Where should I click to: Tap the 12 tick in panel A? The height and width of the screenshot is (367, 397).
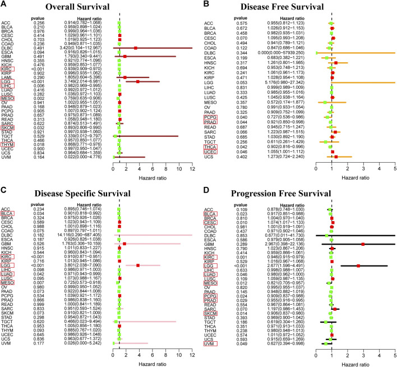(192, 169)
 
